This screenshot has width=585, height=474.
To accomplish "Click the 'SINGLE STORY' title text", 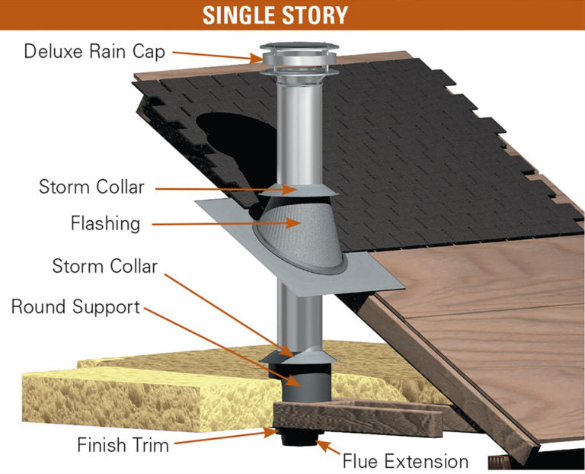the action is click(x=275, y=15).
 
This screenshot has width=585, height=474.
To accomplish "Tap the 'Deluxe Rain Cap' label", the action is click(x=94, y=51).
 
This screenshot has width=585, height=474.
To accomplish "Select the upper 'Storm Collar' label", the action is click(x=91, y=187).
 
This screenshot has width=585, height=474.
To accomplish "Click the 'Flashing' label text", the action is click(x=106, y=223).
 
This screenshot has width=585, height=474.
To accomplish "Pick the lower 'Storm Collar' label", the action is click(x=105, y=266).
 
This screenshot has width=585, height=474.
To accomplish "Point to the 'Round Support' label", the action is click(x=75, y=307).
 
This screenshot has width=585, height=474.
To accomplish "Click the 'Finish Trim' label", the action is click(x=123, y=445).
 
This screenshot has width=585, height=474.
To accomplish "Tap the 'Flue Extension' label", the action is click(x=405, y=461).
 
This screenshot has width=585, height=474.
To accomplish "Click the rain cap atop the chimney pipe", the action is click(x=299, y=59).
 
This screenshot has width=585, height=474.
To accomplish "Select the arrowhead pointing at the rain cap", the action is click(x=257, y=59).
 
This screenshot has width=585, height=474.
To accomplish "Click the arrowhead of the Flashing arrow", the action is click(x=293, y=223).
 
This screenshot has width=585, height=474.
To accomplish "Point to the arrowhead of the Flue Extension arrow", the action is click(x=322, y=444).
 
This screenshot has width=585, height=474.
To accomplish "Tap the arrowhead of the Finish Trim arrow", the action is click(x=270, y=433).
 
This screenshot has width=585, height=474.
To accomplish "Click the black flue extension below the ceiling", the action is click(x=301, y=437).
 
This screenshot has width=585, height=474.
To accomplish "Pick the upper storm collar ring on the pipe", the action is click(x=299, y=190).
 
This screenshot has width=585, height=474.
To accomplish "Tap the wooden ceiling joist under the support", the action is click(x=358, y=418).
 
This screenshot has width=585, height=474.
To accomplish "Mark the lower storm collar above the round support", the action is click(x=299, y=357).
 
